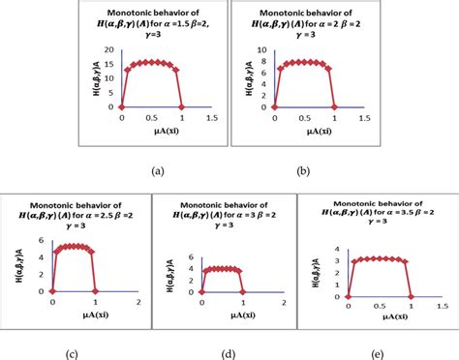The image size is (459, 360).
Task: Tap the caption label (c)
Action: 72,353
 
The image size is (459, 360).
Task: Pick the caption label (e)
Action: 379,353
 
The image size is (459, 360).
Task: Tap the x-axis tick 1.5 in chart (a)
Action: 211,117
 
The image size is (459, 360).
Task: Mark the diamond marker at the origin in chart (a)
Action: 121,106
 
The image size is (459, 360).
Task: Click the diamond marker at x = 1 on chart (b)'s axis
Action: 332,106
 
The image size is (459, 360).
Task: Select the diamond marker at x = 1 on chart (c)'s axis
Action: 95,290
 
